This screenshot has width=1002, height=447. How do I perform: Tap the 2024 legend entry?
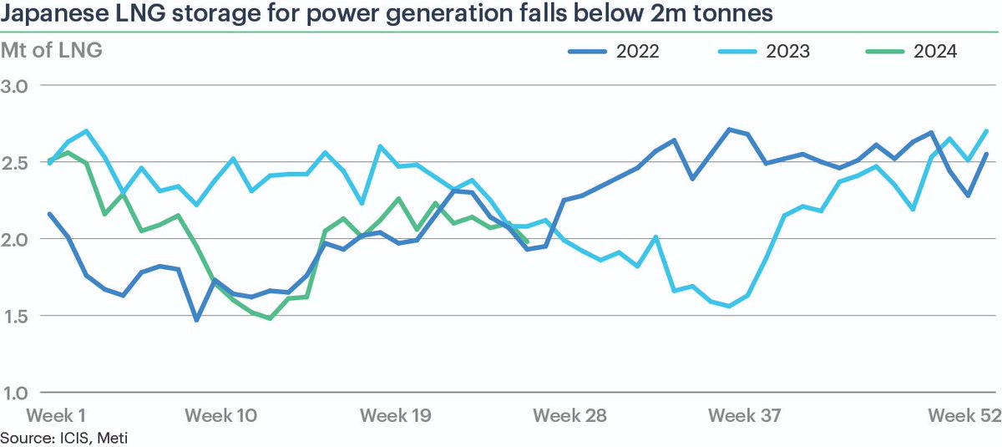coord(912,52)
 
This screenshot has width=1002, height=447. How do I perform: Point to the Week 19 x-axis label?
coord(395,415)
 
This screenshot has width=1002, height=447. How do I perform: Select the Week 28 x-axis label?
coord(569,415)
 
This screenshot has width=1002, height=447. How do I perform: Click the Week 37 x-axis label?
coord(744,415)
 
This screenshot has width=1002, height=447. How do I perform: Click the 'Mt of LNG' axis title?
coord(52,51)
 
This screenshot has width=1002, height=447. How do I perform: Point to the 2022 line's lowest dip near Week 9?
coord(197,320)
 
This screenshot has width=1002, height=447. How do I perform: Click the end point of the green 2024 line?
coord(527,241)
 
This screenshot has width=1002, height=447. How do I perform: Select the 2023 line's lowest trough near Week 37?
coord(730,306)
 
